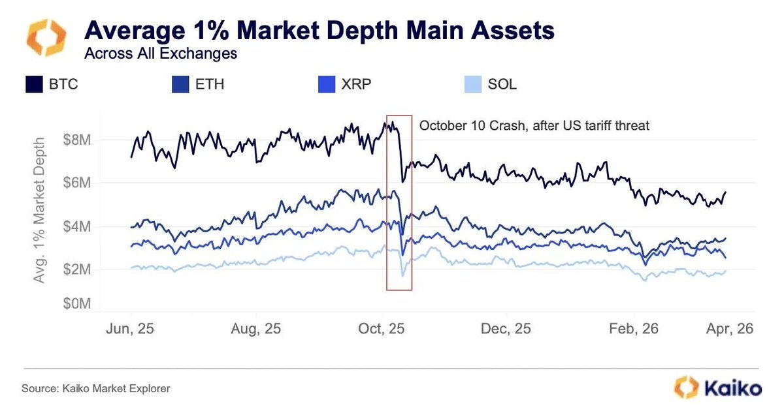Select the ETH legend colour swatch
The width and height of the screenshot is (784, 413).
[180, 84]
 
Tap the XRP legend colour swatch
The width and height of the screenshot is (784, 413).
[325, 84]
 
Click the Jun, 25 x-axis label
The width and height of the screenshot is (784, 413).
[131, 329]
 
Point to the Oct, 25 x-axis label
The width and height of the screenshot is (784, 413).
[384, 329]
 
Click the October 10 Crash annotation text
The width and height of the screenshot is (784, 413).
[534, 125]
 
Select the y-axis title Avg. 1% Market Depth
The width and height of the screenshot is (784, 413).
[41, 209]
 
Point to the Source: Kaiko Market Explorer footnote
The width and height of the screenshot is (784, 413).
[96, 389]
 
